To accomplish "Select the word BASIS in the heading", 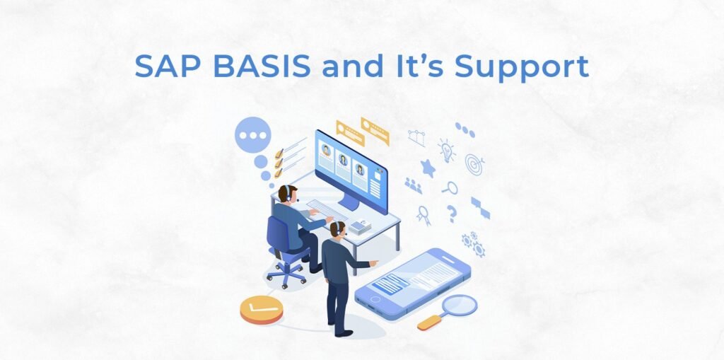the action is (262, 66).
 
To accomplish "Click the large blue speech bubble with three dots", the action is (252, 134).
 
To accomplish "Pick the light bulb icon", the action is (447, 150).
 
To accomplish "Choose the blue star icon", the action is (428, 168).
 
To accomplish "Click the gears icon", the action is (473, 244).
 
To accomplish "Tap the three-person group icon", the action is (413, 185).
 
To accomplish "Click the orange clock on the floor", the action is (262, 309).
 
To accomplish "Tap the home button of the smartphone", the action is (375, 299).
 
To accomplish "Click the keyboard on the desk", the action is (327, 210).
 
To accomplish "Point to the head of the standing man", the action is (339, 228).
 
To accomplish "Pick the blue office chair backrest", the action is (277, 234).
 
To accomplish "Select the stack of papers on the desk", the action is (360, 227).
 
